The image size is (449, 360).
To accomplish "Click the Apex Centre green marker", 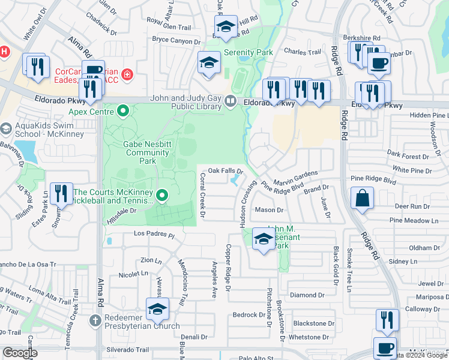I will (124, 110).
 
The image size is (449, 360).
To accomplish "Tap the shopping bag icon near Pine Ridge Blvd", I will (363, 199).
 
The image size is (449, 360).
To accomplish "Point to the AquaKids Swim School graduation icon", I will (6, 129).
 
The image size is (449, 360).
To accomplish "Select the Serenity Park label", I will (249, 52).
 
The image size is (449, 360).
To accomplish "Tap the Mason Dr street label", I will (269, 210).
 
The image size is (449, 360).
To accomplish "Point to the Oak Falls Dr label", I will (225, 171).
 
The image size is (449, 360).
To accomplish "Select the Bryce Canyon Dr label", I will (176, 41).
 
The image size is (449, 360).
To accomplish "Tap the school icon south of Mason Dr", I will (264, 239).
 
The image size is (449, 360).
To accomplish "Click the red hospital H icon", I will (4, 52).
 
